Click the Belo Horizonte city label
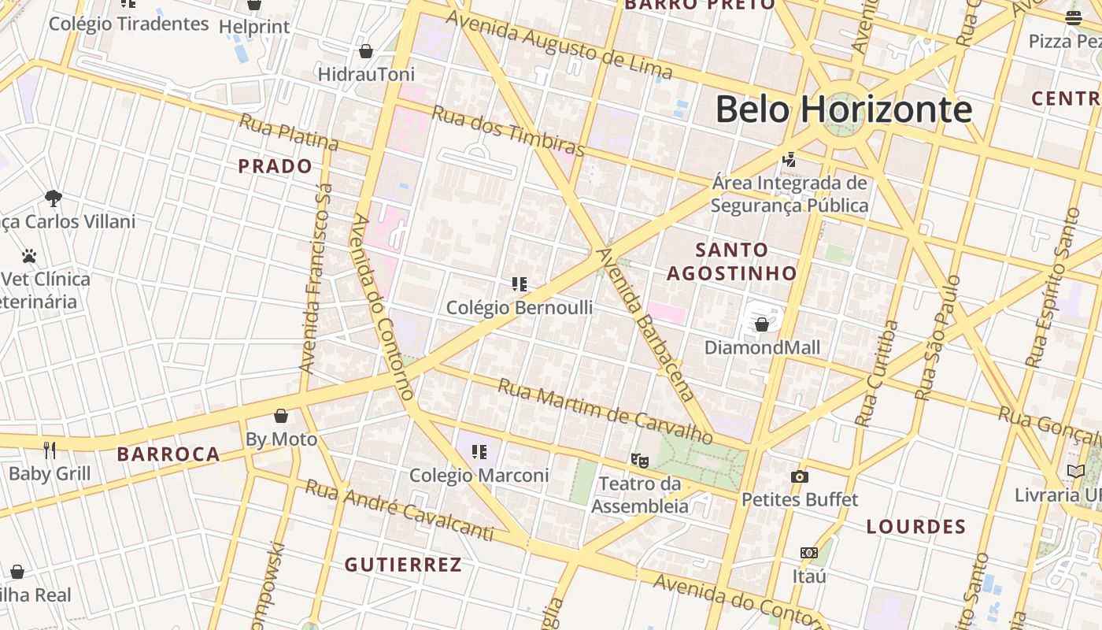pos(843,109)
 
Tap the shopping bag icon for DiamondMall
pos(762,324)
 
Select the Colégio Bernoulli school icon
pos(520,284)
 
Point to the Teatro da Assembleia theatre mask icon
pos(639,460)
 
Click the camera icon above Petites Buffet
pos(800,476)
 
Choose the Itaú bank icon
pos(809,553)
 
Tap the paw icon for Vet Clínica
pos(29,256)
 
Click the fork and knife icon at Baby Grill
pos(50,450)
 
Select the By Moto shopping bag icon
pos(281,416)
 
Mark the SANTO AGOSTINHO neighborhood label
pos(731,261)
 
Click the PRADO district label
pos(275,166)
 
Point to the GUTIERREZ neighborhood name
pos(403,565)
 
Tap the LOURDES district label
pos(915,527)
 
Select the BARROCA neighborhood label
pos(168,454)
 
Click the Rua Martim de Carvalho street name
pos(605,411)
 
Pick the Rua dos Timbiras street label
pos(508,131)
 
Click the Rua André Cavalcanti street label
pos(399,510)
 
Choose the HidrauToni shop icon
pos(366,52)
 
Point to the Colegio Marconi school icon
pos(479,452)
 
